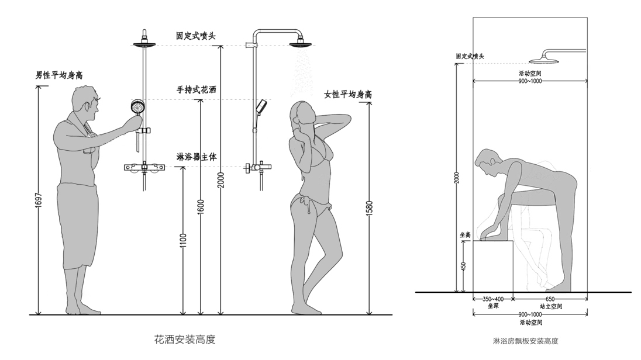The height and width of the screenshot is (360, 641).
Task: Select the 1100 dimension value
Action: click(183, 240)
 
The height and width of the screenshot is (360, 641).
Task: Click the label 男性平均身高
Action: click(59, 75)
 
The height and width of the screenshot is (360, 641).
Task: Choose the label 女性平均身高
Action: click(348, 95)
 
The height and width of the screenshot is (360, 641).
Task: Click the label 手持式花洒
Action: click(197, 90)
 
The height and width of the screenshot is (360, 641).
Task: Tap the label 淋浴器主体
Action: click(197, 157)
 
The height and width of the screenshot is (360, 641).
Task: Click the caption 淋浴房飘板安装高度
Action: click(525, 340)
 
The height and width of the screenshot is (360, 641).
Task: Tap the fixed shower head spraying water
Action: click(301, 43)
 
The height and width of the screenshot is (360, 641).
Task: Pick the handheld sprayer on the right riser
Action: click(260, 106)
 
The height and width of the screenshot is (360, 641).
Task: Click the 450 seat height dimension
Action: click(462, 266)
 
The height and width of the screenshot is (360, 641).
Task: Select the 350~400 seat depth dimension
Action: click(493, 299)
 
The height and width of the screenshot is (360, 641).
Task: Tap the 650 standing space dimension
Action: click(550, 299)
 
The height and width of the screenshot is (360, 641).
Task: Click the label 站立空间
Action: click(550, 306)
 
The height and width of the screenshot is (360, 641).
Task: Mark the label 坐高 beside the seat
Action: click(465, 234)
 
